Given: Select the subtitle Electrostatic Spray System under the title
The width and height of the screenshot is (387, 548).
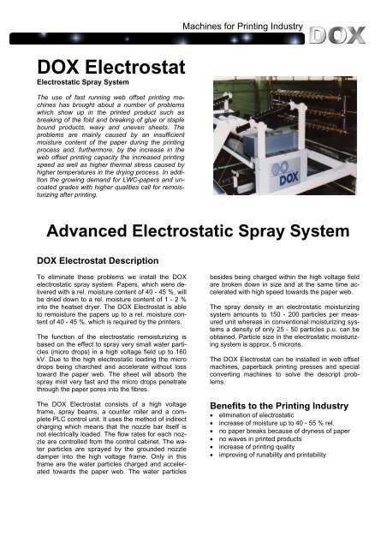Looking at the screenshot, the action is point(73,86).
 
